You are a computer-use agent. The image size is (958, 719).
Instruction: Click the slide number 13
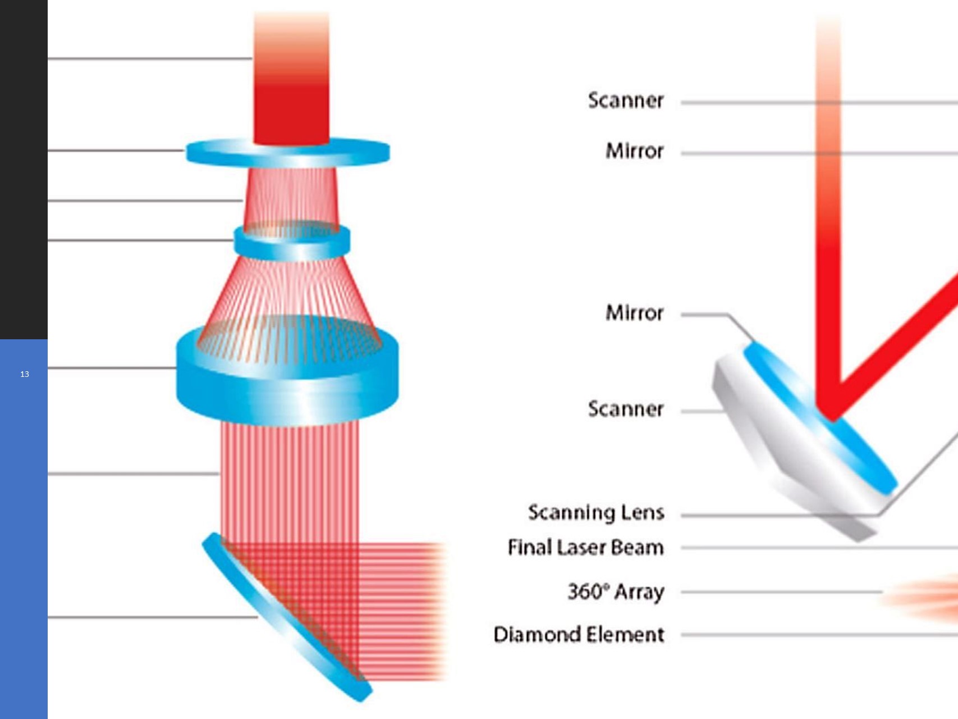click(24, 374)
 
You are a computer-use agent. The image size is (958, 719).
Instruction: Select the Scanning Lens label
click(595, 513)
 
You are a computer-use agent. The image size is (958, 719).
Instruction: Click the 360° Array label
click(616, 592)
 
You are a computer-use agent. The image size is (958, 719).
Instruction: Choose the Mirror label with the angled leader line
click(634, 313)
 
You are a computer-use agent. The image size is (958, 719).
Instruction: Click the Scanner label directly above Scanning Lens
click(625, 409)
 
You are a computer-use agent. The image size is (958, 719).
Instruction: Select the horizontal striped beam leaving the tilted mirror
click(404, 612)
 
